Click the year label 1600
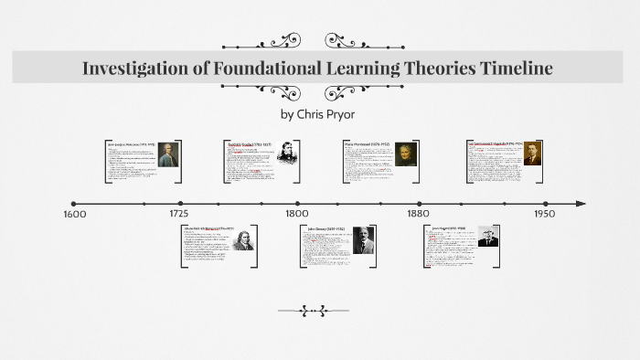coord(75,214)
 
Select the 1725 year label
coord(179,214)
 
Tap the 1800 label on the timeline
coord(296,214)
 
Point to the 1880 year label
coord(419,214)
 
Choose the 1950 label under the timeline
coord(545,214)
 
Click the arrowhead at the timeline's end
coord(581,204)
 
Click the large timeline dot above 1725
coord(181,204)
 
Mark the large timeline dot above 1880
coord(420,204)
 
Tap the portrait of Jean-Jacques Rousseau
coord(165,156)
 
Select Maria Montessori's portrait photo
coord(405,154)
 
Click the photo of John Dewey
coord(363,239)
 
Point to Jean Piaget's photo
coord(487,236)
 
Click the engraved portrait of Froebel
coord(290,153)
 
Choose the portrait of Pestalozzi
coord(242,239)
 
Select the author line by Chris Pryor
coord(319,114)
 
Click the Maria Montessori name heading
coord(368,143)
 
